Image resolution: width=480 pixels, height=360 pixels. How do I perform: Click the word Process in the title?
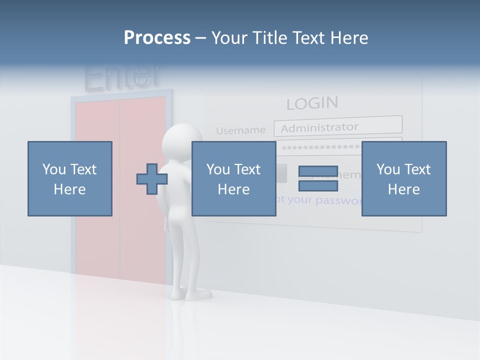tap(157, 38)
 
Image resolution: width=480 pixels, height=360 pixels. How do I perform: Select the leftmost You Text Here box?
tap(69, 178)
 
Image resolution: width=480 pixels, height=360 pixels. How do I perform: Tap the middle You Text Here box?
tap(233, 178)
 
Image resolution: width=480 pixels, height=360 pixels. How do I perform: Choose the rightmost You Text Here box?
tap(403, 178)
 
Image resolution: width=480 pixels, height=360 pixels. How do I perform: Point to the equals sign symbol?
tap(318, 178)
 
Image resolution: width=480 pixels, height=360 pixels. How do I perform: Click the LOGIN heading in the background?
tap(312, 103)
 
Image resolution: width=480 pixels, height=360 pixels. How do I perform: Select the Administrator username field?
tap(337, 126)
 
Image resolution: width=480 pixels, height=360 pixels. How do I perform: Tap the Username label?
tap(240, 130)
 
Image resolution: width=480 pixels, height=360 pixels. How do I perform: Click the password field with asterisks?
tap(320, 147)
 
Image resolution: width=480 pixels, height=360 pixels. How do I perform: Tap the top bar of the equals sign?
tap(318, 171)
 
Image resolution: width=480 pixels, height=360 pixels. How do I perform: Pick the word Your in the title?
tap(229, 38)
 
